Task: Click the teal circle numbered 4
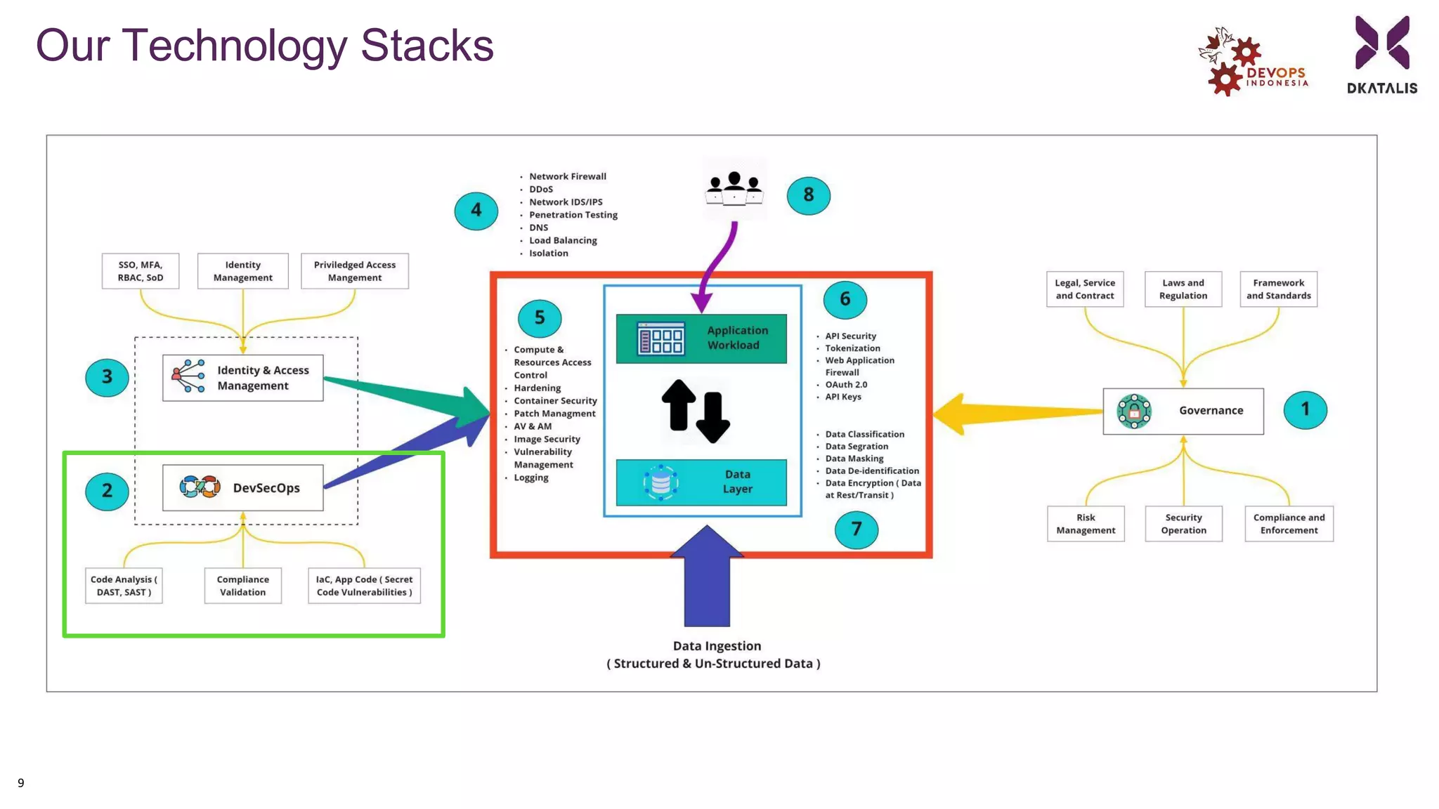(476, 210)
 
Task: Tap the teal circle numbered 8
(808, 195)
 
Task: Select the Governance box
(1183, 411)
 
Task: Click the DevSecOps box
(242, 487)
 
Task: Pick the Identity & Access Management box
(242, 378)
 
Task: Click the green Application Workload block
(701, 338)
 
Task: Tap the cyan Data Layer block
(701, 482)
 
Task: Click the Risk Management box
(1085, 524)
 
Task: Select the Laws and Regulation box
(1183, 289)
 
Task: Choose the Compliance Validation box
(242, 586)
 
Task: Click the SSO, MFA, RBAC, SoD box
(140, 271)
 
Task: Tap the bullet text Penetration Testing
(573, 215)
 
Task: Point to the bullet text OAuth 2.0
(846, 385)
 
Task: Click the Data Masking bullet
(854, 459)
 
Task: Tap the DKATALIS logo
(1381, 55)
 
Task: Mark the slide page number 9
(21, 783)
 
